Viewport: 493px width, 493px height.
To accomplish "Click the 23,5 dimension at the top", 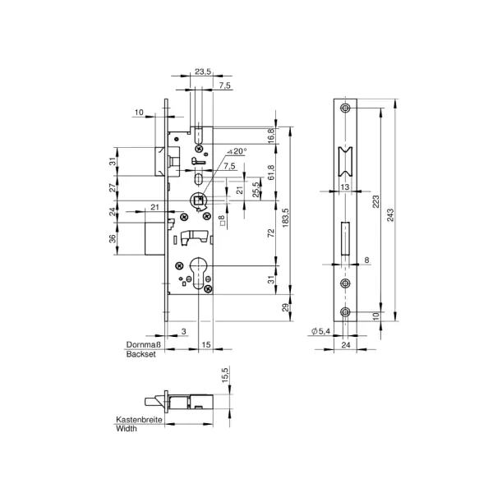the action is click(202, 71).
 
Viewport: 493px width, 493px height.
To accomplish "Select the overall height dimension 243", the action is click(390, 215).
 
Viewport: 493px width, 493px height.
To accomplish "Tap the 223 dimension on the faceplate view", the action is click(376, 201).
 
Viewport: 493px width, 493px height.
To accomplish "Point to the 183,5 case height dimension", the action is click(285, 218).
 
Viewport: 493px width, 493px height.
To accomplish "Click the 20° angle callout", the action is click(237, 151).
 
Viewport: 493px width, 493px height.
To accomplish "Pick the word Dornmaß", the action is click(143, 344).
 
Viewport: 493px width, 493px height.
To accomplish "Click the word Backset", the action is click(141, 354).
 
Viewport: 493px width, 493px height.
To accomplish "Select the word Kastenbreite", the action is click(139, 419).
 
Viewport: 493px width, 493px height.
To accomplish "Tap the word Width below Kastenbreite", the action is click(127, 428).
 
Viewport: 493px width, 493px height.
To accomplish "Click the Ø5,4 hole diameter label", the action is click(320, 331).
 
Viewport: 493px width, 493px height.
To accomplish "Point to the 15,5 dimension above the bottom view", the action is click(225, 375).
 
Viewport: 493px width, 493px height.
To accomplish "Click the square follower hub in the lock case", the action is click(198, 200).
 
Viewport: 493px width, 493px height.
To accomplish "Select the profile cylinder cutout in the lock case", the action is click(199, 273).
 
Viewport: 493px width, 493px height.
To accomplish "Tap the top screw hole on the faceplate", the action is click(346, 108).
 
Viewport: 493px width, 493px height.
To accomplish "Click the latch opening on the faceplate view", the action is click(345, 161).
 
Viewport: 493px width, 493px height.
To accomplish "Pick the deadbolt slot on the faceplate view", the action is click(345, 238).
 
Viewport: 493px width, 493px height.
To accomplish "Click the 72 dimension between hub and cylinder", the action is click(271, 233).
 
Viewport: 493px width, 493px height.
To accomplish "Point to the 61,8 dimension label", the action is click(271, 173).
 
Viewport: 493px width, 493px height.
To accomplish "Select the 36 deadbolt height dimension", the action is click(113, 238).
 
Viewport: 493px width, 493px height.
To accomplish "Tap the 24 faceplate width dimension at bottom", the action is click(346, 345).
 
